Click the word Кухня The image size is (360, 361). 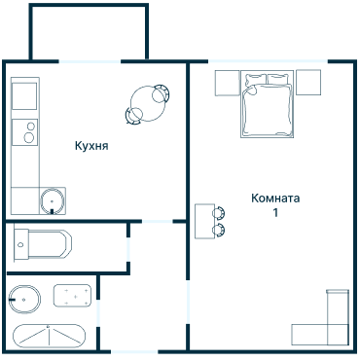click(91, 146)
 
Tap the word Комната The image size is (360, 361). click(275, 199)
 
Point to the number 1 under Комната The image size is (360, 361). click(275, 213)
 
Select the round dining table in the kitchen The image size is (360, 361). click(148, 103)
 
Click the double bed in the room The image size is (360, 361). click(267, 104)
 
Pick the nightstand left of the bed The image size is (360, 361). click(228, 83)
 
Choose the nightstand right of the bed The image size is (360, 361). click(308, 83)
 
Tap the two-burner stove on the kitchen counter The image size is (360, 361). click(24, 132)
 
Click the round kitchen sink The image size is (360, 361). click(53, 200)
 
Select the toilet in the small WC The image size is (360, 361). click(43, 244)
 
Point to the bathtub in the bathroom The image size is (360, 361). click(49, 336)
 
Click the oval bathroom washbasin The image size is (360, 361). click(24, 300)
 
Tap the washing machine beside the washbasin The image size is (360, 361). click(72, 296)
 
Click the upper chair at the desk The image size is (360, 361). click(219, 213)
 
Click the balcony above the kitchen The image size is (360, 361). click(89, 32)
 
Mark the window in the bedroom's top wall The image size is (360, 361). click(268, 61)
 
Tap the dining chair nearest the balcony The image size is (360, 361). click(162, 93)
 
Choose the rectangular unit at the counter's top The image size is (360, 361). click(24, 96)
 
